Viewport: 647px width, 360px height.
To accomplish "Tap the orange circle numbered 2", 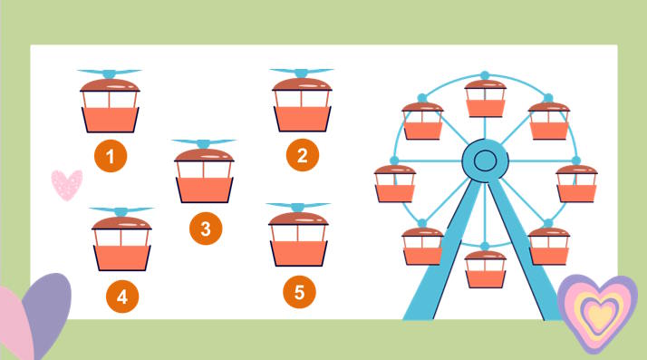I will pyautogui.click(x=302, y=156).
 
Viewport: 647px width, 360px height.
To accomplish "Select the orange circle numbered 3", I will pyautogui.click(x=206, y=229).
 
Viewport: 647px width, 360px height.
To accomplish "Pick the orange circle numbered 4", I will pyautogui.click(x=121, y=295).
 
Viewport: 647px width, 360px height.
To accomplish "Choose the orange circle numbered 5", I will pyautogui.click(x=300, y=292).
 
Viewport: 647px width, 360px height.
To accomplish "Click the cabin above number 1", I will pyautogui.click(x=110, y=105).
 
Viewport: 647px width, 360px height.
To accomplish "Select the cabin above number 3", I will pyautogui.click(x=204, y=175).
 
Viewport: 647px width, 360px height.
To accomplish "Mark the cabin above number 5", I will pyautogui.click(x=299, y=238).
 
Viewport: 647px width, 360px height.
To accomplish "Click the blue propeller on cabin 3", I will pyautogui.click(x=204, y=143).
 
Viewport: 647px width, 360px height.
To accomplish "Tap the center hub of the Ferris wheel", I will pyautogui.click(x=485, y=161).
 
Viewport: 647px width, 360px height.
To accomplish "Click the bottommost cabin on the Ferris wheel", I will pyautogui.click(x=485, y=268).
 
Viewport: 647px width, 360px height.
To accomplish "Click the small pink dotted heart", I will pyautogui.click(x=66, y=184).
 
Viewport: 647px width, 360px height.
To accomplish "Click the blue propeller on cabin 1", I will pyautogui.click(x=110, y=73).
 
